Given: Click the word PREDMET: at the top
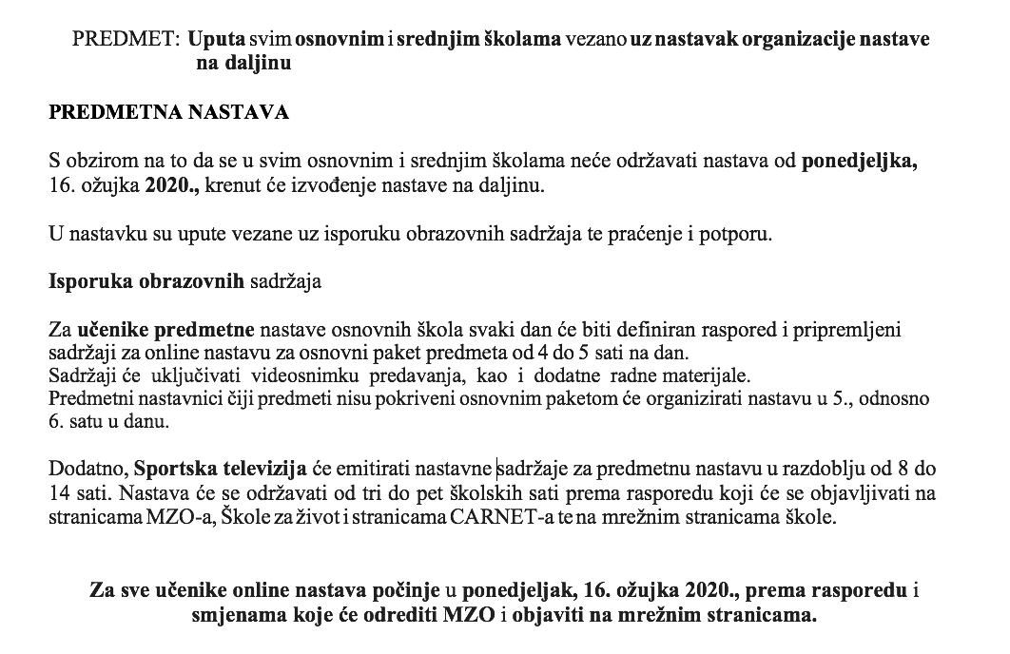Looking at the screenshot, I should (126, 40).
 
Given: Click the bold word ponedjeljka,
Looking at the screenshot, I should (860, 162).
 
